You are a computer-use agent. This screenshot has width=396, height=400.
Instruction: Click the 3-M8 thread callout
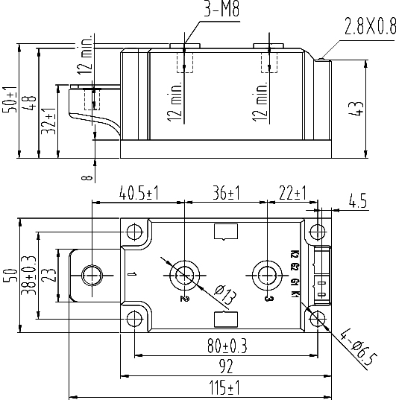point(221,9)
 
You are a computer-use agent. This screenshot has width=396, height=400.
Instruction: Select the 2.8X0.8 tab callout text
point(370,26)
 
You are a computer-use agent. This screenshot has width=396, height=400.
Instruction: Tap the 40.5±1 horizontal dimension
point(139,193)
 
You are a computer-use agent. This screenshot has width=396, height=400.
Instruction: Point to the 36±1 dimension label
point(227,193)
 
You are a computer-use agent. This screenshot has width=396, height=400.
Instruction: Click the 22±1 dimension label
point(292,193)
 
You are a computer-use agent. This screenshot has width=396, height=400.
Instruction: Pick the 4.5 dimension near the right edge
point(358,200)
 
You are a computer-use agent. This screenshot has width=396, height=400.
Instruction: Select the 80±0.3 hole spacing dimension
point(227,346)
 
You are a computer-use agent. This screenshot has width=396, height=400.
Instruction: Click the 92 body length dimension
point(227,366)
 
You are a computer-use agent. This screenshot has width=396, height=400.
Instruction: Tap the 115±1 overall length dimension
point(224,387)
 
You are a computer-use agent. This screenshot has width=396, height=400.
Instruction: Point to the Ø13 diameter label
point(225,295)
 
